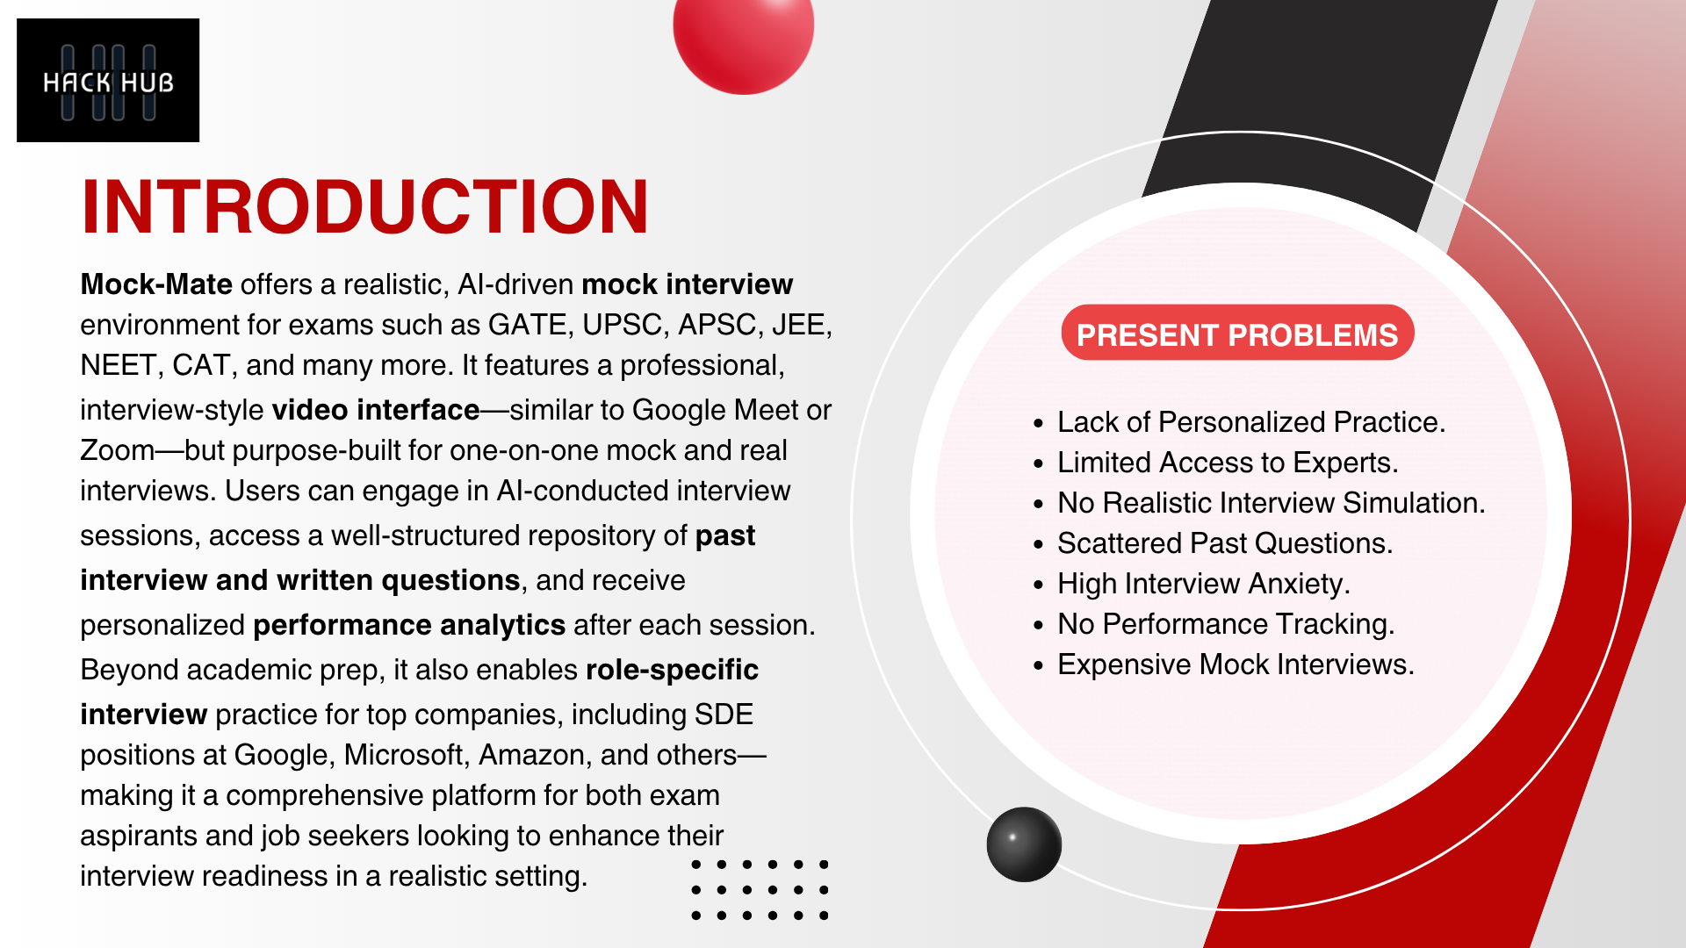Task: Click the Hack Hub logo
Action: click(x=108, y=80)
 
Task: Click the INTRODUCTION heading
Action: click(x=365, y=207)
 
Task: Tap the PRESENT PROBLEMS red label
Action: click(x=1237, y=334)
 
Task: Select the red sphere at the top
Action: click(x=744, y=35)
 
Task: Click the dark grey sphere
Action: click(x=1024, y=844)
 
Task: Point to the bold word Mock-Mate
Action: click(x=156, y=284)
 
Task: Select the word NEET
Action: click(x=118, y=365)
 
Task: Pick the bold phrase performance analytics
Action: click(x=409, y=625)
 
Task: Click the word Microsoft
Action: click(x=404, y=755)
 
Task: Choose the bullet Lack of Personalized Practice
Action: click(x=1250, y=422)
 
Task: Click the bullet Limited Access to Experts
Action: click(x=1228, y=463)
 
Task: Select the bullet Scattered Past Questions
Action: click(x=1225, y=543)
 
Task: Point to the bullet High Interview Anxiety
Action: click(x=1204, y=584)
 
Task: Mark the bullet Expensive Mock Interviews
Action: click(x=1236, y=664)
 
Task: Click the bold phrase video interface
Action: click(x=376, y=410)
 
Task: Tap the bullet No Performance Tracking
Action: click(x=1226, y=624)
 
